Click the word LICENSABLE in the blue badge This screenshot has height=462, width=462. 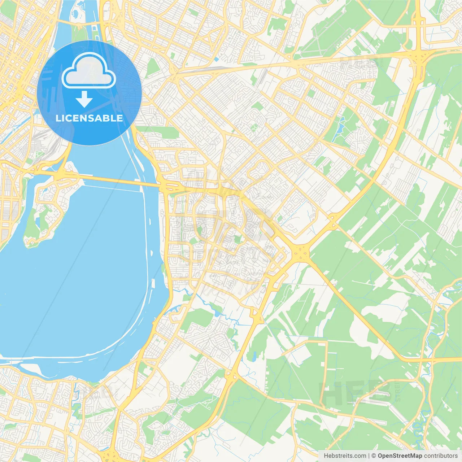89,118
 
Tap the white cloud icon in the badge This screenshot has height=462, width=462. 89,71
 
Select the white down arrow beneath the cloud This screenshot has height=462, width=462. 84,99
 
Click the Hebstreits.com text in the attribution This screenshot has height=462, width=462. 345,456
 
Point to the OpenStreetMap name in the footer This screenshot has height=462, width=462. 400,456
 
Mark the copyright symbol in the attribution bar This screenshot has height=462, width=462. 374,456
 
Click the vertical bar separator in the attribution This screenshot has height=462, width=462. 369,456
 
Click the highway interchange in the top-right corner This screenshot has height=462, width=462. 419,58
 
